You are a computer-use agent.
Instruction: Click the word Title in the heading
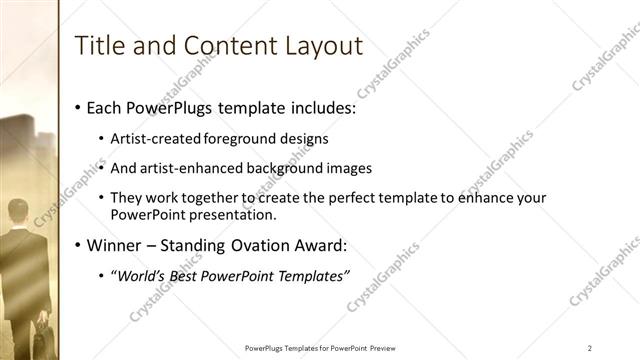(x=99, y=45)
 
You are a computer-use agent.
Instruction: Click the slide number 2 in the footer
(x=590, y=347)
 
